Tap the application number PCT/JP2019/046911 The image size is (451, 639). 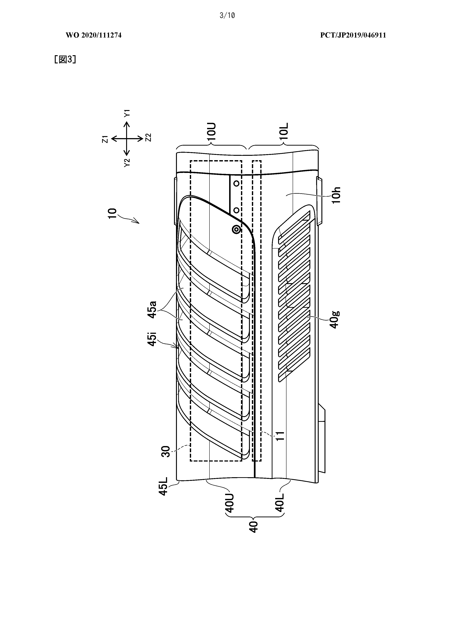pyautogui.click(x=353, y=35)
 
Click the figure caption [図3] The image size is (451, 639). pyautogui.click(x=65, y=59)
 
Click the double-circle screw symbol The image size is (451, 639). pyautogui.click(x=237, y=230)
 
